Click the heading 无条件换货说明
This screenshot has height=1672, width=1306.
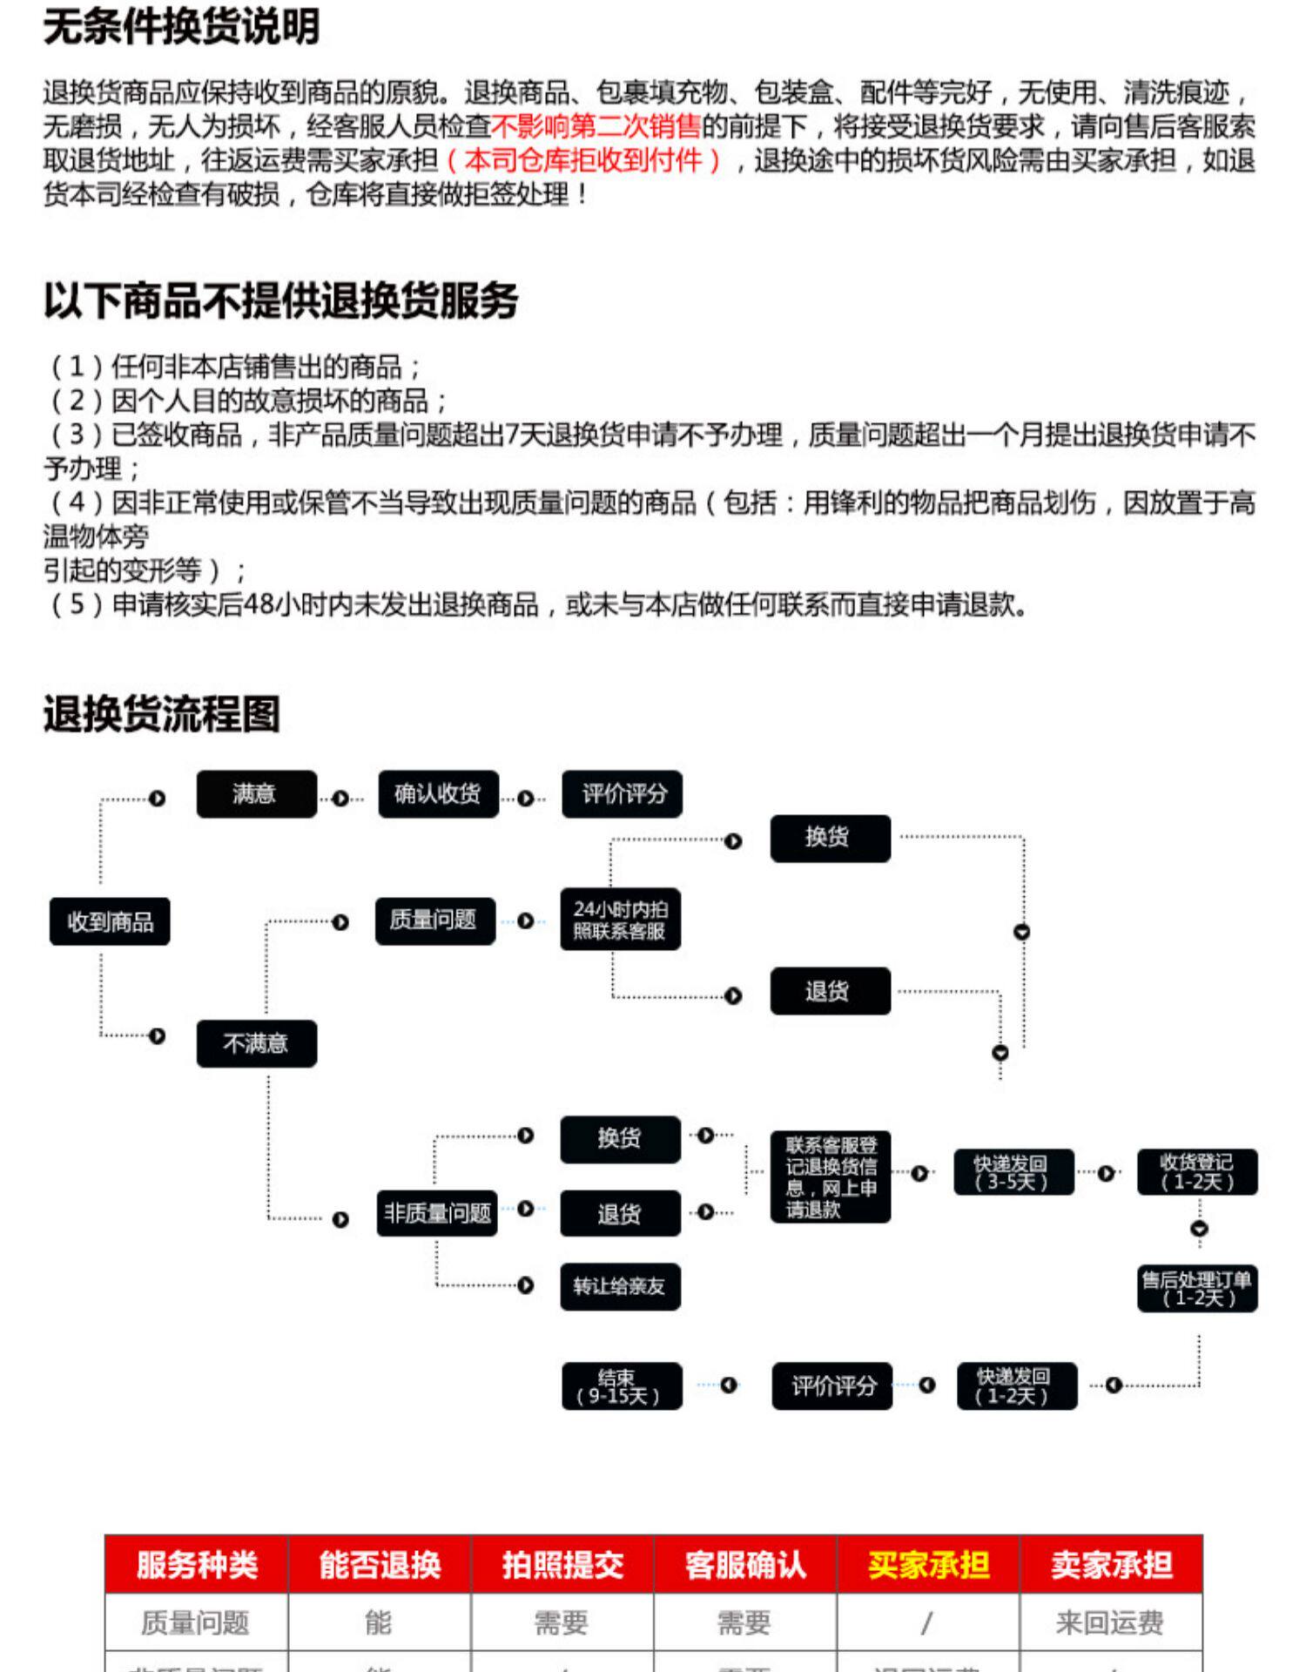[181, 27]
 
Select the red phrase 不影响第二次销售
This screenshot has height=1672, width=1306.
[596, 127]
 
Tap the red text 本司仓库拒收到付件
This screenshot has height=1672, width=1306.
[583, 161]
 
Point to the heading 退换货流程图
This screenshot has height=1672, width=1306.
[162, 714]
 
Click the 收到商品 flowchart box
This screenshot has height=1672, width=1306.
[110, 921]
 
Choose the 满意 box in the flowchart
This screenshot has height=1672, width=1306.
[256, 794]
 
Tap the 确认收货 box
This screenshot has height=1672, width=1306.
[438, 794]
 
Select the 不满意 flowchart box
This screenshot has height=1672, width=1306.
[256, 1043]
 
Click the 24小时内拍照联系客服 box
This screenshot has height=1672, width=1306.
[620, 920]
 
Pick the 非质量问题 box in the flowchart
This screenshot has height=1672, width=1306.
[436, 1213]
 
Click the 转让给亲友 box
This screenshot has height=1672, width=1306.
[620, 1286]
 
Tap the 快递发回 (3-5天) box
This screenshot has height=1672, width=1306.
[1013, 1173]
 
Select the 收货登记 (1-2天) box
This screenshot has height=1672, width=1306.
[1197, 1172]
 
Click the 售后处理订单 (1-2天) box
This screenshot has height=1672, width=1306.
[1197, 1289]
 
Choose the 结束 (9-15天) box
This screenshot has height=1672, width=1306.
[621, 1386]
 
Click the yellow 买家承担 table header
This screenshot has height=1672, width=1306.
[928, 1565]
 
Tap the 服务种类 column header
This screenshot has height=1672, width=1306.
[197, 1565]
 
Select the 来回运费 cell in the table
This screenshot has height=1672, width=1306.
[1110, 1623]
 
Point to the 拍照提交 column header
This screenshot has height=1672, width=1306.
[562, 1565]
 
